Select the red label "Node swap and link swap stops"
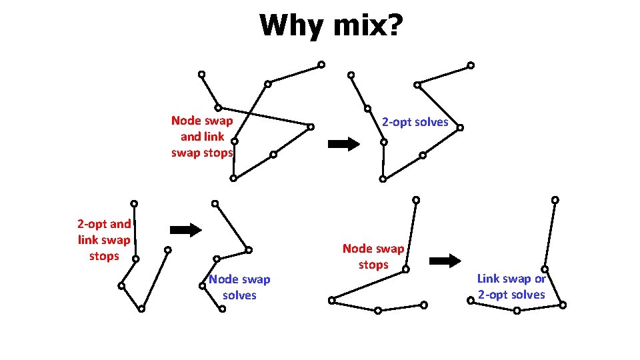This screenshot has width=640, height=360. pyautogui.click(x=202, y=137)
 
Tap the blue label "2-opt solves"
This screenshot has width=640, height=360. pyautogui.click(x=415, y=122)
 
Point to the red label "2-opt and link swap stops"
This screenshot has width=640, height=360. pyautogui.click(x=104, y=240)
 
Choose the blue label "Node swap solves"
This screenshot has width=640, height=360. pyautogui.click(x=239, y=287)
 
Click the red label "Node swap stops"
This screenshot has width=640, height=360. pyautogui.click(x=373, y=257)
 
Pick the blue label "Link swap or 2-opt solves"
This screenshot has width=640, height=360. pyautogui.click(x=511, y=287)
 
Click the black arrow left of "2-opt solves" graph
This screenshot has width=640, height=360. pyautogui.click(x=344, y=144)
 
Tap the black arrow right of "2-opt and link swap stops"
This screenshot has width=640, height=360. pyautogui.click(x=186, y=230)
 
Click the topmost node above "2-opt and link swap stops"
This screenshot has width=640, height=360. pyautogui.click(x=134, y=203)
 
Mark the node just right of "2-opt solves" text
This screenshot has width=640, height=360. pyautogui.click(x=460, y=127)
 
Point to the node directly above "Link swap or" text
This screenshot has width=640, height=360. pyautogui.click(x=544, y=269)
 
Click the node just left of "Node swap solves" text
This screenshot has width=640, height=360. pyautogui.click(x=202, y=286)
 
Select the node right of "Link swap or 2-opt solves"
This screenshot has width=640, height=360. pyautogui.click(x=563, y=305)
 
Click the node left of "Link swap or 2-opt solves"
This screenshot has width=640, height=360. pyautogui.click(x=470, y=301)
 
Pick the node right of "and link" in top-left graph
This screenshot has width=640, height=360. pyautogui.click(x=235, y=141)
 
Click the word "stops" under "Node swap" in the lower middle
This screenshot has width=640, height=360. pyautogui.click(x=373, y=265)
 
